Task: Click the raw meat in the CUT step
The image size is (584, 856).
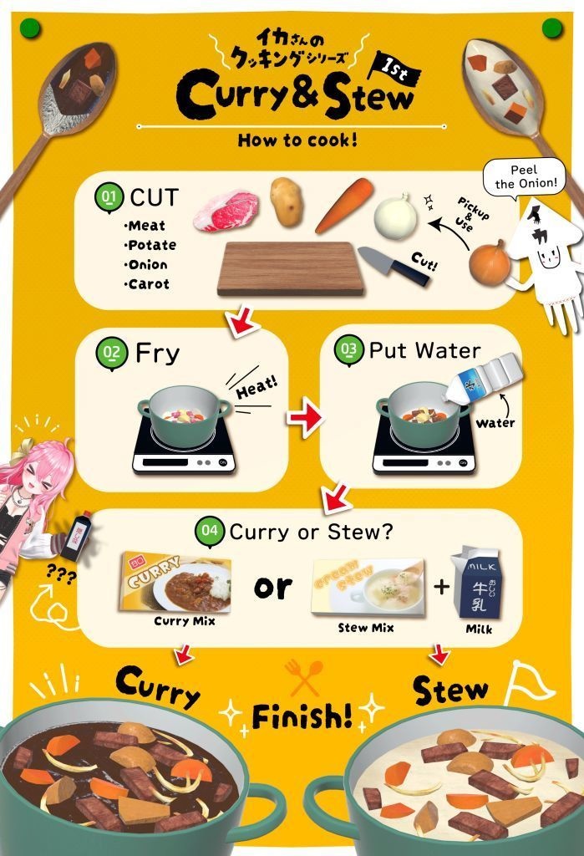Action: click(226, 211)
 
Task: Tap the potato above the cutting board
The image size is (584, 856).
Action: click(287, 201)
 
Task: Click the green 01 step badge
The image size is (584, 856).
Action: click(109, 198)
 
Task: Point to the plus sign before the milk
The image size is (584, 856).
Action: click(440, 586)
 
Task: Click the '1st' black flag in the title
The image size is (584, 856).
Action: click(400, 69)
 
